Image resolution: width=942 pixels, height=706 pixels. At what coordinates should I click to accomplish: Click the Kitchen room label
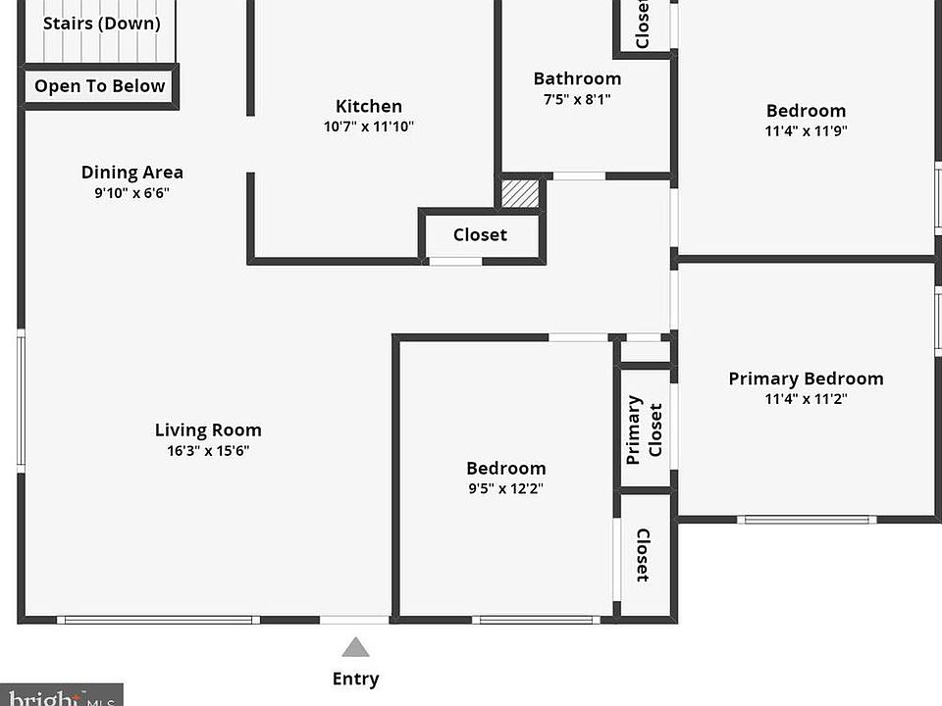coord(369,106)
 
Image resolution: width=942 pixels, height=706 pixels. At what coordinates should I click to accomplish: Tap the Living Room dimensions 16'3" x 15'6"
coord(208,450)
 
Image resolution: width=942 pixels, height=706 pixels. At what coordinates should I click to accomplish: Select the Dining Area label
coord(132,173)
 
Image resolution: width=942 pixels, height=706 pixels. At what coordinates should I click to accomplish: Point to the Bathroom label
coord(577,78)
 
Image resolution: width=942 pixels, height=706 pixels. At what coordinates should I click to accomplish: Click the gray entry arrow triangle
coord(355,647)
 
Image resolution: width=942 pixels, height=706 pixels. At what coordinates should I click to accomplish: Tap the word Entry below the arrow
coord(355,679)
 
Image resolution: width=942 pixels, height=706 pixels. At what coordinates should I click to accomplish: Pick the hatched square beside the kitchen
coord(520,193)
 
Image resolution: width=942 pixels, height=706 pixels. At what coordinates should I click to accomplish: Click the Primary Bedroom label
coord(807,378)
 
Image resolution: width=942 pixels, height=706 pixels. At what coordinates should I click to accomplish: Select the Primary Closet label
coord(644,429)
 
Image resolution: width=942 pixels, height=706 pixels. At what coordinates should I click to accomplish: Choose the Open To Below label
coord(100,86)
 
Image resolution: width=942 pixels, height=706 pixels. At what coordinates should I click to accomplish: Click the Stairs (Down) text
coord(101,24)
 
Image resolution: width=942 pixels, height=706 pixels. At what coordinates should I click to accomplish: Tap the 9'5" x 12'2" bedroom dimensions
coord(506,488)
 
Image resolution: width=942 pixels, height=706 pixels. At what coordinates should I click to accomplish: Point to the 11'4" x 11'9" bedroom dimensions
coord(807,130)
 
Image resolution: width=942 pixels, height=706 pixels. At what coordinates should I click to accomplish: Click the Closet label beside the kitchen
coord(480,234)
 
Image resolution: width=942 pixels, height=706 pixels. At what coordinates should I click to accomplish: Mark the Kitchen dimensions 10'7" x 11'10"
coord(369,126)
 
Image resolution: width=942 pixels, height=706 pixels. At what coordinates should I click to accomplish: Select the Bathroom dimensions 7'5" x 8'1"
coord(577,99)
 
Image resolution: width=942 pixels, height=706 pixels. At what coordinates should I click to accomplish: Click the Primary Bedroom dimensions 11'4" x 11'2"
coord(807,399)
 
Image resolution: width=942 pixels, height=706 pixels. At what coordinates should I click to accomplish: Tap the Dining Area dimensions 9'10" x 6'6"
coord(132,193)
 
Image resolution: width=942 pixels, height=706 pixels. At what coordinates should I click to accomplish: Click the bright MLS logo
coord(61,695)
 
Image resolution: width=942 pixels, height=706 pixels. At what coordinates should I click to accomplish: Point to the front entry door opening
coord(354,620)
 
